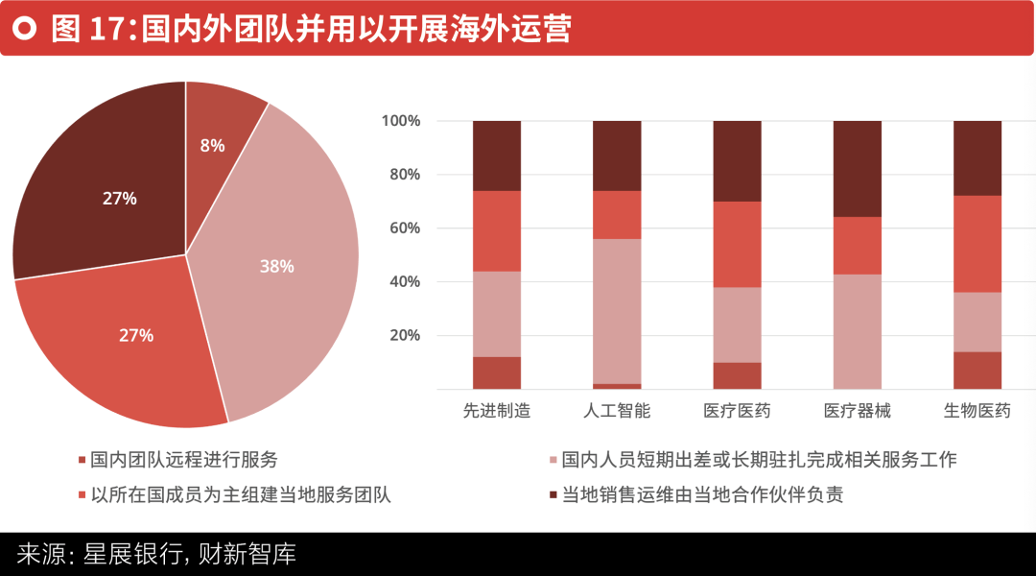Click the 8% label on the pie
pos(212,146)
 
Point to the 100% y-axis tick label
pos(400,120)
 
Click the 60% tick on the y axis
pos(405,228)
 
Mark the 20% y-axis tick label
pos(405,335)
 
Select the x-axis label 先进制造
pos(497,411)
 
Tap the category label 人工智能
pos(617,411)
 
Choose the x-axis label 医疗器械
pos(857,411)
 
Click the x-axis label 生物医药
pos(977,411)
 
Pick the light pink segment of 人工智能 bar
pos(617,311)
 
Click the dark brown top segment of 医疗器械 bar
pos(857,169)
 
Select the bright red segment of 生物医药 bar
pos(977,244)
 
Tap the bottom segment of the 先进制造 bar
pos(497,373)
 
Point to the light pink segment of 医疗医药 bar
pos(738,324)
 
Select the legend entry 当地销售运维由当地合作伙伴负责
pos(696,494)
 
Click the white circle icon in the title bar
pos(25,29)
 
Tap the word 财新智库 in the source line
pos(247,554)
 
